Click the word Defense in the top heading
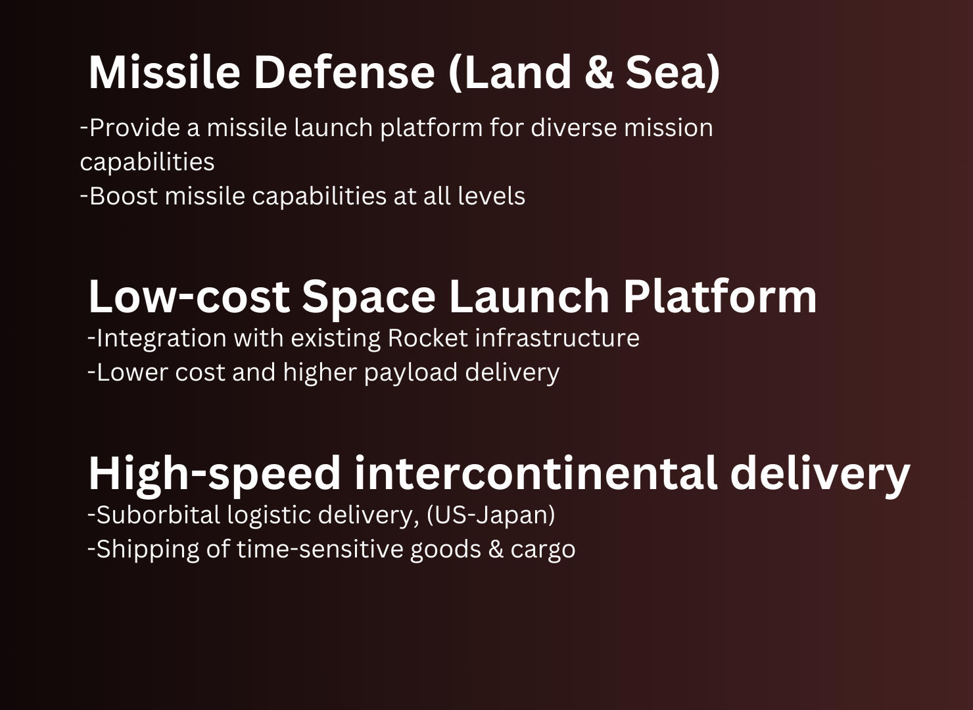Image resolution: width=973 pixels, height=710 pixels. (344, 72)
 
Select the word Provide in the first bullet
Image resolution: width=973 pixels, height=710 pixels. (135, 128)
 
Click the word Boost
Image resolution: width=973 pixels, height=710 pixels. (124, 196)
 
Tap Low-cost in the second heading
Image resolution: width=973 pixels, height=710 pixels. (189, 296)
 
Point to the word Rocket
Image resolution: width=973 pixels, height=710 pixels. (428, 338)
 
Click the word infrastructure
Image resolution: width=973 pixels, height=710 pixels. (558, 338)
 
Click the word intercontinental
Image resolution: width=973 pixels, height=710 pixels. (535, 473)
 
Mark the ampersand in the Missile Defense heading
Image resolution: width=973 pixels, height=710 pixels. (599, 72)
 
